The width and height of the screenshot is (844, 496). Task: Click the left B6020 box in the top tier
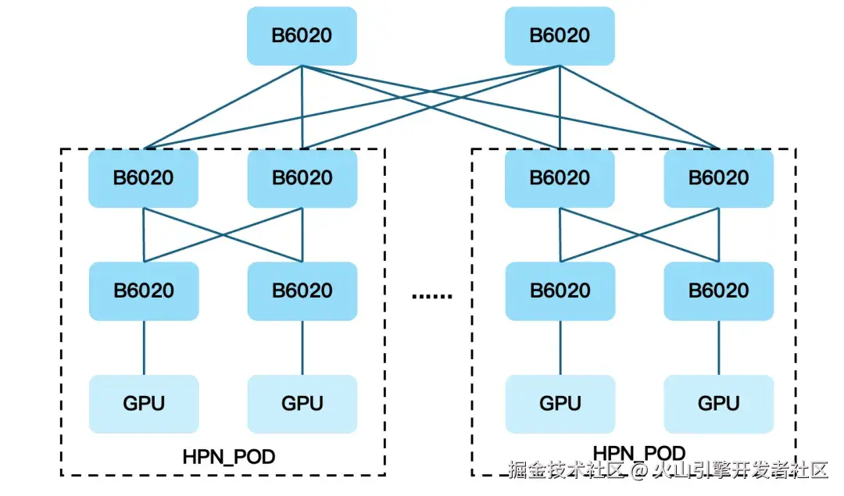pos(302,36)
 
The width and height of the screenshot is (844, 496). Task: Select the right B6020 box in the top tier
pos(560,36)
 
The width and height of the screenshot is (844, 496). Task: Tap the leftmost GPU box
pos(144,404)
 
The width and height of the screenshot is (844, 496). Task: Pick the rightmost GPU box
pos(718,404)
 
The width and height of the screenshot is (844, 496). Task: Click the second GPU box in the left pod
pos(302,404)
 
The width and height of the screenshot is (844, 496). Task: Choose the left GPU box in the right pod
pos(560,404)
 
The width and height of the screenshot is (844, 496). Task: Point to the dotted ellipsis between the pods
pos(431,295)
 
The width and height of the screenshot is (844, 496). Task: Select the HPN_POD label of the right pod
pos(638,453)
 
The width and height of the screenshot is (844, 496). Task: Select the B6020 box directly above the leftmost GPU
pos(144,291)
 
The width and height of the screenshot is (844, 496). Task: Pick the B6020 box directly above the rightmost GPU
pos(718,291)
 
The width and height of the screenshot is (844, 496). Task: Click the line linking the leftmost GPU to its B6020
pos(144,348)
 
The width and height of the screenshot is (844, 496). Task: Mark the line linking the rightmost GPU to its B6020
pos(718,348)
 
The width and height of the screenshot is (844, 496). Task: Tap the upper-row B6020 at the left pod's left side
pos(144,178)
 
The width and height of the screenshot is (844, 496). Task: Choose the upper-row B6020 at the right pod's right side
pos(718,178)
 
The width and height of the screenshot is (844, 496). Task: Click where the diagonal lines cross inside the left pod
pos(223,234)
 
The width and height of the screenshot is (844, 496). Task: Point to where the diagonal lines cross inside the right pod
pos(639,234)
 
